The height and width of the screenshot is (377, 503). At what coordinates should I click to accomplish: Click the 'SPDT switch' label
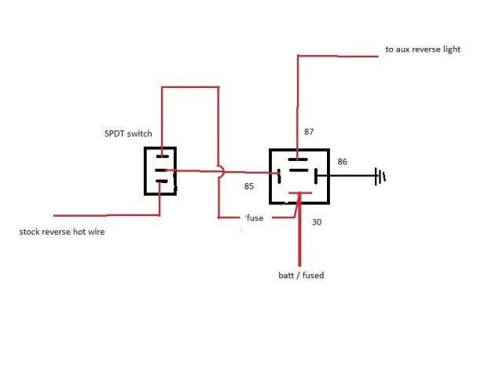tap(129, 134)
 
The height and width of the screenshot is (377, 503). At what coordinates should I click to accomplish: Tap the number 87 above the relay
tap(308, 133)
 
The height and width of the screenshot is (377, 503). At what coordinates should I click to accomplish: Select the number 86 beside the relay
tap(342, 162)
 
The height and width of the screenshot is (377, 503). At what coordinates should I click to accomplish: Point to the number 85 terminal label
tap(249, 186)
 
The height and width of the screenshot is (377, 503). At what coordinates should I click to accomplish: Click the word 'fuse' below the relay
tap(255, 218)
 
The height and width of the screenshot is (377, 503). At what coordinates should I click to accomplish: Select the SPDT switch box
tap(160, 170)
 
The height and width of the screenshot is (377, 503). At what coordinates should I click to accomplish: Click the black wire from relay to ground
tap(350, 176)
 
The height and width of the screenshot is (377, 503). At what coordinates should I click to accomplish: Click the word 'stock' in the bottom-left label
tap(31, 232)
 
